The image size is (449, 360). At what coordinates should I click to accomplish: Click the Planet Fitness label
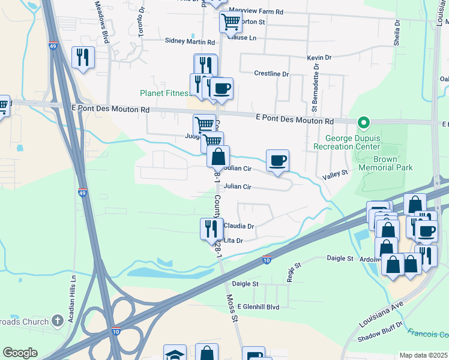pos(165,93)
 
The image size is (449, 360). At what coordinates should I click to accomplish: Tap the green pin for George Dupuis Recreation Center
pos(363,124)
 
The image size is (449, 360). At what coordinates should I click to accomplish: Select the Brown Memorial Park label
pos(385,163)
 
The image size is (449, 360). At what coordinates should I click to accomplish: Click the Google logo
pos(20,353)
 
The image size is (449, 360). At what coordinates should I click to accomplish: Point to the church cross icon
pos(58,322)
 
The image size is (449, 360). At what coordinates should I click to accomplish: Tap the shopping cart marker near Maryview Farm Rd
pos(231,23)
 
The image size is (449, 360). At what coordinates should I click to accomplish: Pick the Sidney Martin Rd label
pos(190,42)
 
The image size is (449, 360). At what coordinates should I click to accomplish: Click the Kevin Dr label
pos(319,58)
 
